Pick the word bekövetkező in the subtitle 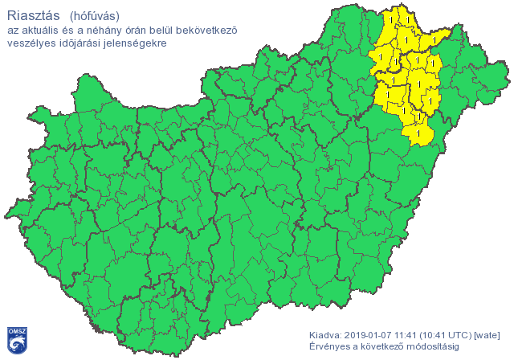tap(214, 31)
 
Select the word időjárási tap(80, 43)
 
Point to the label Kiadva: tap(327, 334)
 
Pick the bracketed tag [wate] tap(488, 334)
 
